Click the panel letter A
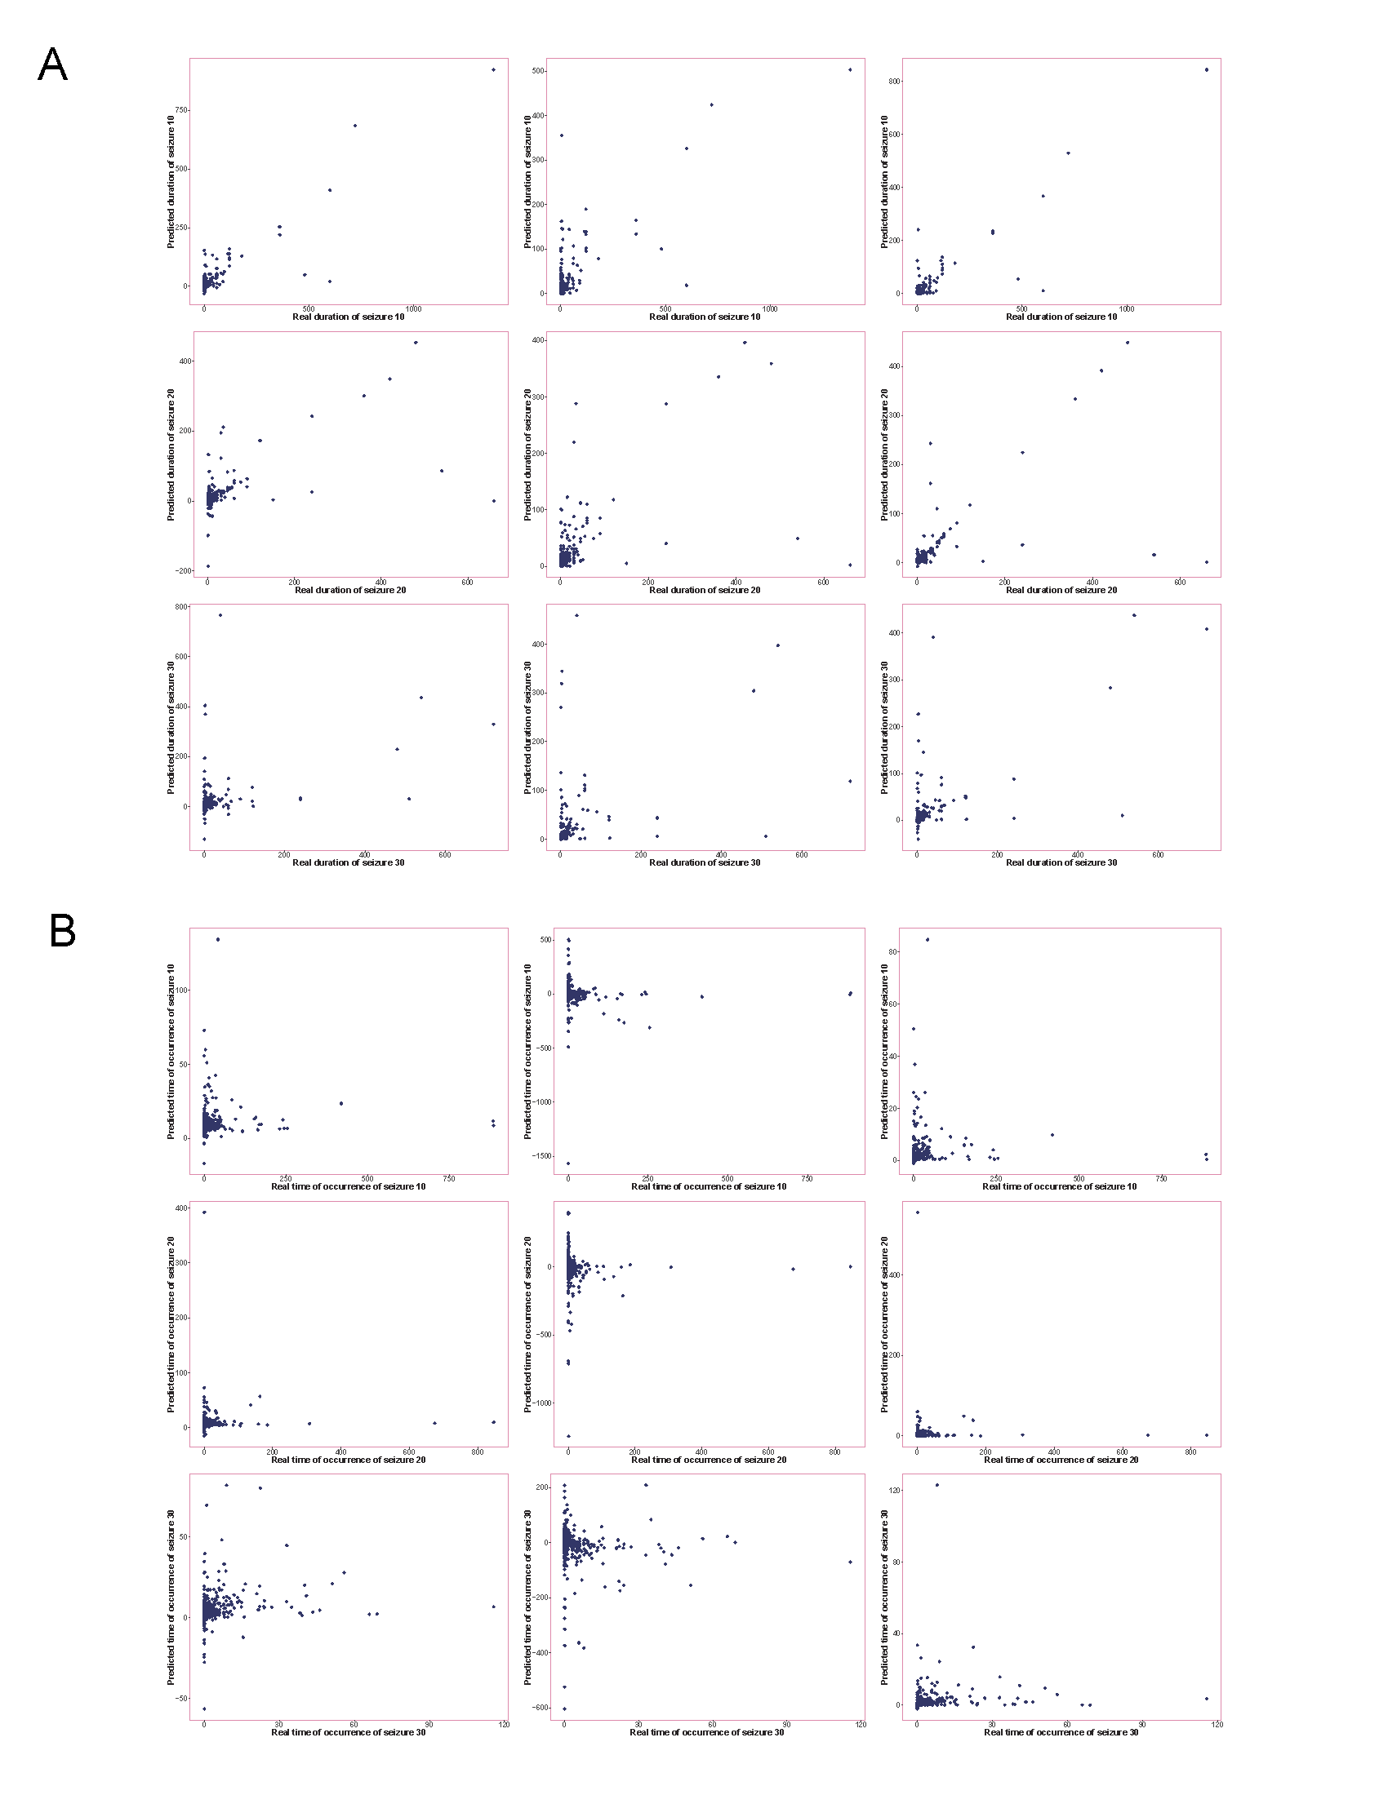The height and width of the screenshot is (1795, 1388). (x=52, y=64)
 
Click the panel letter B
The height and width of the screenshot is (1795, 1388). (x=63, y=931)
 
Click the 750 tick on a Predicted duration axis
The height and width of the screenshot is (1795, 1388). (x=181, y=110)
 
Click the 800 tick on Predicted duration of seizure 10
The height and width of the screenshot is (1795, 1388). (x=895, y=82)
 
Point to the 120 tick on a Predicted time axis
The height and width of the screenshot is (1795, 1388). (x=894, y=1490)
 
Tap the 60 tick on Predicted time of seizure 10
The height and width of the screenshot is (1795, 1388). (x=895, y=1004)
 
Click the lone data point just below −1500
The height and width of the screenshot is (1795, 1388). (x=567, y=1163)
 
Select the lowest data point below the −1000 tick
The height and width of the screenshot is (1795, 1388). (x=568, y=1436)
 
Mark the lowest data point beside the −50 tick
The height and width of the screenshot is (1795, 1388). (x=204, y=1709)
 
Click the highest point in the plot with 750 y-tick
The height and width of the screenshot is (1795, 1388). (x=493, y=70)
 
